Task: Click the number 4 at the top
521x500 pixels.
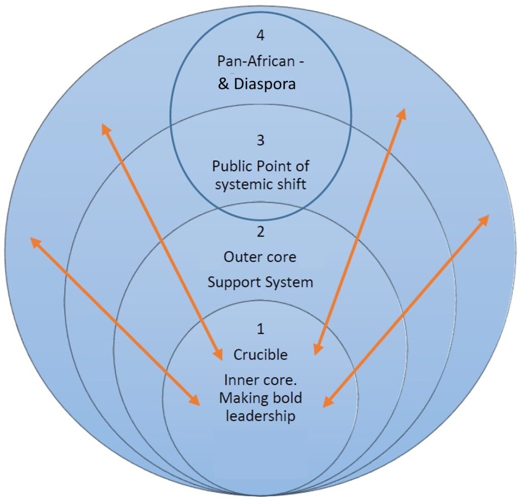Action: [x=260, y=36]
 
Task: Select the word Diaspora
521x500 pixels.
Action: [x=265, y=84]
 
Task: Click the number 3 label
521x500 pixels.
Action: [x=260, y=141]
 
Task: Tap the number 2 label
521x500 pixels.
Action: [x=260, y=233]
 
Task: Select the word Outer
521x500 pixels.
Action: [x=240, y=257]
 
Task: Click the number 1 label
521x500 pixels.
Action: [x=260, y=329]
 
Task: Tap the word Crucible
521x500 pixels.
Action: [x=260, y=354]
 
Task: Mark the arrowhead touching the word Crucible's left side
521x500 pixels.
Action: [x=219, y=354]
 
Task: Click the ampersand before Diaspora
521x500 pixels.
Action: [x=223, y=85]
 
